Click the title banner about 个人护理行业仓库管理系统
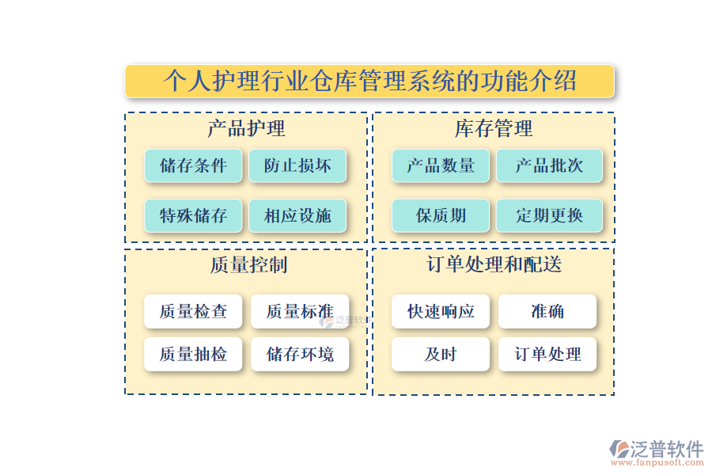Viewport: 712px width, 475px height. click(x=369, y=81)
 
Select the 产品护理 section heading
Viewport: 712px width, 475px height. click(x=246, y=128)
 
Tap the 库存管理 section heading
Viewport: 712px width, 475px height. click(x=494, y=128)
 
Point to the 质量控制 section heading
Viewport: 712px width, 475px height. click(x=246, y=264)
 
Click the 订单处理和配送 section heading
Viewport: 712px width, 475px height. click(x=494, y=264)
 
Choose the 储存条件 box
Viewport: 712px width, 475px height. click(x=193, y=165)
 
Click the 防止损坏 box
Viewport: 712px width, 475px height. click(x=297, y=165)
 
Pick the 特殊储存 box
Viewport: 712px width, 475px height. click(x=193, y=215)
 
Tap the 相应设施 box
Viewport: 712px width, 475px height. click(x=297, y=215)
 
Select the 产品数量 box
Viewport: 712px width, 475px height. click(x=441, y=165)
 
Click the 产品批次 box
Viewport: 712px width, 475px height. click(x=549, y=165)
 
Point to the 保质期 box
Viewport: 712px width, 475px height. click(x=441, y=215)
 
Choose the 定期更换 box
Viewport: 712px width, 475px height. click(x=549, y=215)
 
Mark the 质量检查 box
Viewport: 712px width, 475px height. click(x=193, y=311)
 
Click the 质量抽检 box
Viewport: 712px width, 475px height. click(x=193, y=354)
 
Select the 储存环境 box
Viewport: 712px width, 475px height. click(x=300, y=354)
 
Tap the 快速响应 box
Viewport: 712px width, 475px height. click(x=441, y=311)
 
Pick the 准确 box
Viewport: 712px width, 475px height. click(x=547, y=311)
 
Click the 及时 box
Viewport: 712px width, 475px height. click(x=441, y=354)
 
